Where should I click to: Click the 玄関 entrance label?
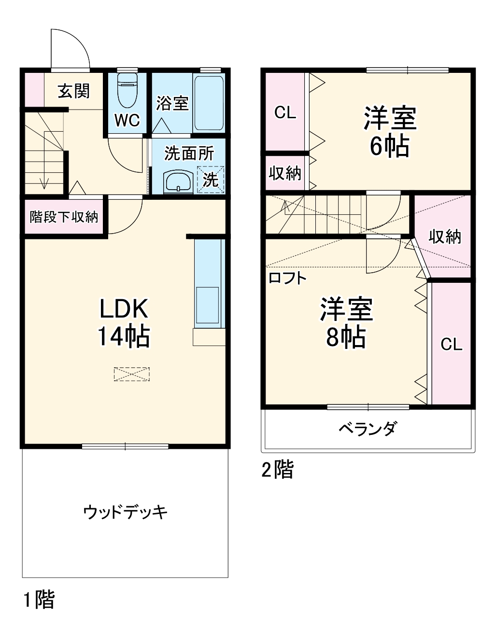(73, 91)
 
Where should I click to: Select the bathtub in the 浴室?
(209, 102)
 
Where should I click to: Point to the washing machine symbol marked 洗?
(211, 180)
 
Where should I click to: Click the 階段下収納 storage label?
(64, 217)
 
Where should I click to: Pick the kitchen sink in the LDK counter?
(207, 305)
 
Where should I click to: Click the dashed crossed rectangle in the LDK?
(131, 374)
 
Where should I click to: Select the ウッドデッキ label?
(125, 512)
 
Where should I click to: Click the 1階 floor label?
(39, 599)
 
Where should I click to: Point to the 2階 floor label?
(278, 469)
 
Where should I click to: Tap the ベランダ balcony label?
(368, 428)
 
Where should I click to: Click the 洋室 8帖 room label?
(346, 322)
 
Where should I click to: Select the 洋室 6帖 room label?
(390, 132)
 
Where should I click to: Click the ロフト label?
(287, 278)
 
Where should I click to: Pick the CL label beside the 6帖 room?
(285, 112)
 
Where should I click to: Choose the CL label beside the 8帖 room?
(451, 344)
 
